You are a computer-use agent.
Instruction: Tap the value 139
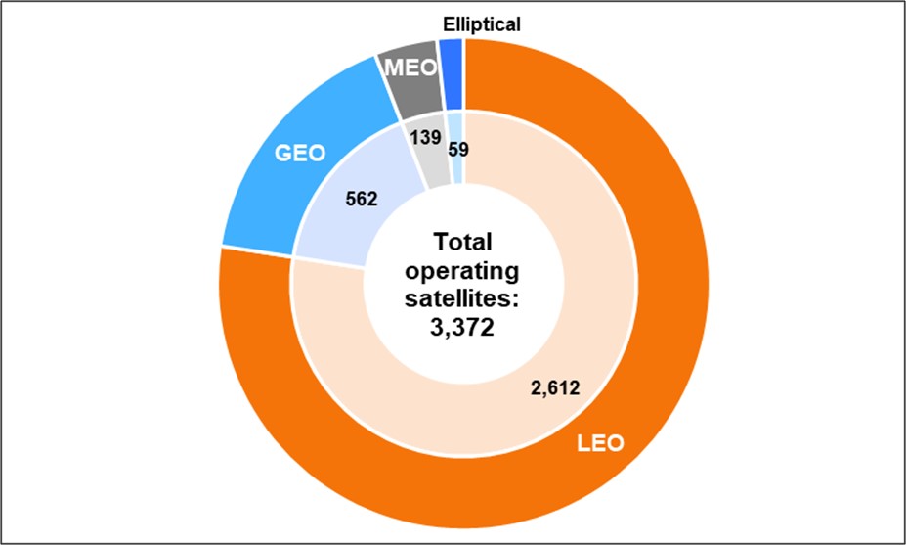(x=426, y=137)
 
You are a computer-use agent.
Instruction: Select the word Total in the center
(x=464, y=242)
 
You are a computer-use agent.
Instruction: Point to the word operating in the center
(x=464, y=270)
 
